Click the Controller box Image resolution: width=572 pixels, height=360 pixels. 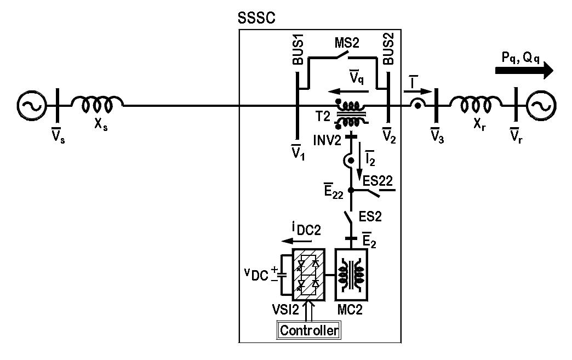point(309,330)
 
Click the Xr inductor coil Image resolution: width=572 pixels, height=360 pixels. point(474,101)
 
